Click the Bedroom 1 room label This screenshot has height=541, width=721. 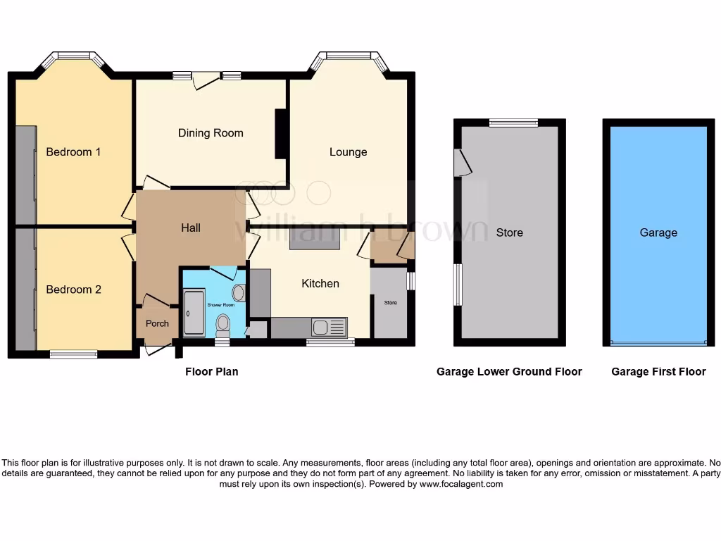(x=74, y=152)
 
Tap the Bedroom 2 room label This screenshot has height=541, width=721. (x=74, y=290)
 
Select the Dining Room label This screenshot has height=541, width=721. (x=211, y=133)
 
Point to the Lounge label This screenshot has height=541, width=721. (x=348, y=152)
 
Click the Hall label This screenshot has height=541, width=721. (x=191, y=228)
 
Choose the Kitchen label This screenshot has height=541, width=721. (x=320, y=283)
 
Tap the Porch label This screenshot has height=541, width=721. (x=157, y=324)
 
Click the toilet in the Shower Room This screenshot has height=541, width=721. (x=223, y=324)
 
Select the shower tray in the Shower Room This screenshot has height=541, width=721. (x=194, y=312)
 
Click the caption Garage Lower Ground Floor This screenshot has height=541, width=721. (x=509, y=372)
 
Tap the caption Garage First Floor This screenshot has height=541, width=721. (x=658, y=372)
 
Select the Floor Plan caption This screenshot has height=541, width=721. (x=212, y=372)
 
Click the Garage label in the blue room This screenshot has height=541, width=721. (x=658, y=232)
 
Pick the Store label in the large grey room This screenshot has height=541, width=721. (x=509, y=232)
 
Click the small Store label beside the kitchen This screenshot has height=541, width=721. (x=390, y=303)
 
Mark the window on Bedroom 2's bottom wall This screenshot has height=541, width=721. (x=73, y=354)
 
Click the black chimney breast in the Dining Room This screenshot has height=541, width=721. (x=280, y=134)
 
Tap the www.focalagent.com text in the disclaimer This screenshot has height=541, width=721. (x=460, y=484)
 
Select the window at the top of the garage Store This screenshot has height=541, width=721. (x=513, y=123)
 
